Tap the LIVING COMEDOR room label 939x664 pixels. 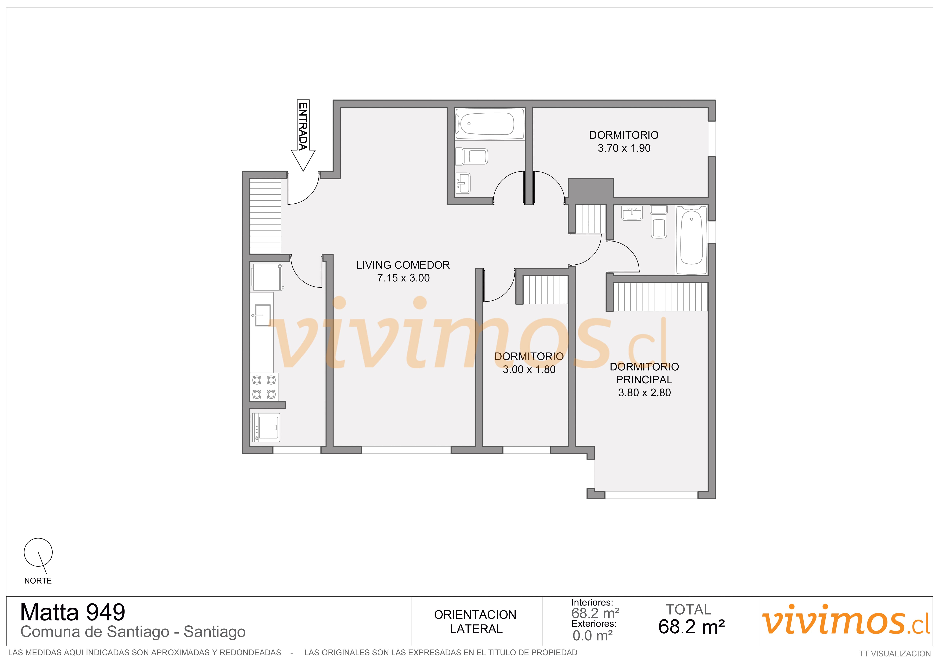[403, 265]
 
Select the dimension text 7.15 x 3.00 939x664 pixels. [403, 278]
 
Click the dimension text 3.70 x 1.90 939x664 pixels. [624, 148]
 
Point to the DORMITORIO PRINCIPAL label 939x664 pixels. [644, 373]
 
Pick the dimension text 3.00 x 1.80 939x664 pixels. [529, 370]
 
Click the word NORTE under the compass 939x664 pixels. [38, 581]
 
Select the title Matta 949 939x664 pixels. [73, 613]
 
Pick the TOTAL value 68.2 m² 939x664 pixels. [692, 627]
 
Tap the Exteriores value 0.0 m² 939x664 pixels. [593, 636]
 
